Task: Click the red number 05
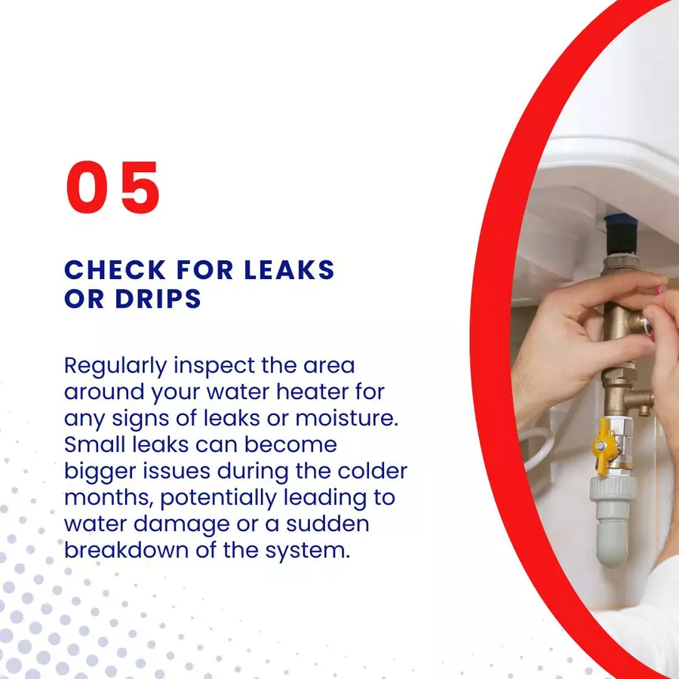pos(113,187)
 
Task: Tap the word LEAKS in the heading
pos(289,270)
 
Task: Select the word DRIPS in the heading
pos(158,298)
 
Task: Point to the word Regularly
pos(115,367)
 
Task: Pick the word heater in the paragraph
pos(312,392)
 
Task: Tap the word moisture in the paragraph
pos(346,418)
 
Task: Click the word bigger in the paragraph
pos(100,472)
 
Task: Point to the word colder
pos(373,471)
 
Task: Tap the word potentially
pos(218,499)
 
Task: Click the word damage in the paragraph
pos(181,525)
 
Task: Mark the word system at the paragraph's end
pos(307,551)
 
